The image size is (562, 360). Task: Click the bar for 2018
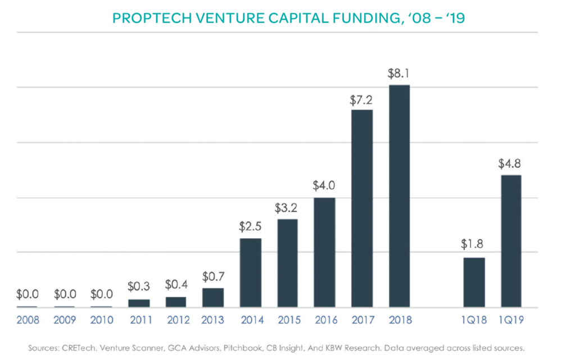coord(399,197)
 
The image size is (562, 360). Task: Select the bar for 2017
coord(362,209)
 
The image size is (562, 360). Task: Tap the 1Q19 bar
coord(511,241)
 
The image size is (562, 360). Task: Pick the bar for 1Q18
coord(474,282)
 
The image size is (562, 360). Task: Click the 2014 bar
coord(250,273)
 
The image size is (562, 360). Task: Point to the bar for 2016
coord(325,253)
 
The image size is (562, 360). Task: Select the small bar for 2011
coord(139,303)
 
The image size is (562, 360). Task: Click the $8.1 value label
coord(399,74)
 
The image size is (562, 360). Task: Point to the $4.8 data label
coord(511,164)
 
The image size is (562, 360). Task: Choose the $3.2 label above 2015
coord(287,208)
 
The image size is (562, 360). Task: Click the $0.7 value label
coord(213,277)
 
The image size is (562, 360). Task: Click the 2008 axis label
coord(27,320)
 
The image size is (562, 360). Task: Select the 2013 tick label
coord(213,320)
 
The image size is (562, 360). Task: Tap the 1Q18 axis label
coord(474,320)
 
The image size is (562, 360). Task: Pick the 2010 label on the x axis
coord(102,320)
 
